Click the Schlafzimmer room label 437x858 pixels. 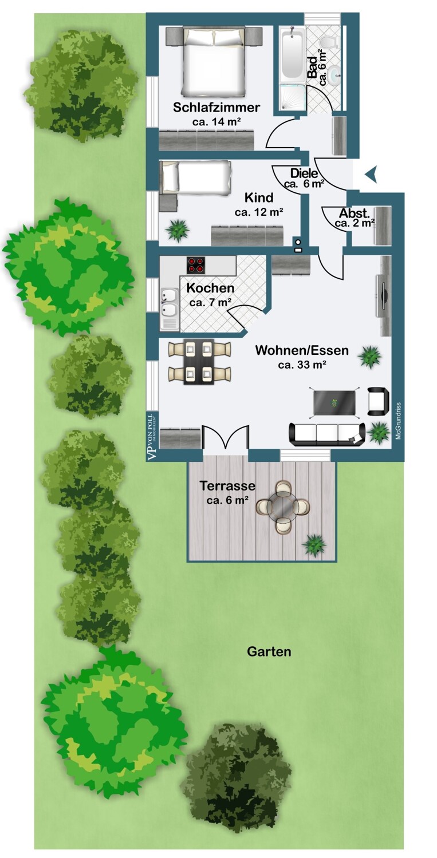[216, 107]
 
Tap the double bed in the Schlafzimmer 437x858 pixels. [214, 61]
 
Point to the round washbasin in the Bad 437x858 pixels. [334, 72]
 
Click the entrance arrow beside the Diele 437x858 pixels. [371, 174]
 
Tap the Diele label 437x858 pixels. [304, 173]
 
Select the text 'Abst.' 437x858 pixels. [354, 213]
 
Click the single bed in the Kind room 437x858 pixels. [195, 176]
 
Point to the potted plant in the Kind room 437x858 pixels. [177, 230]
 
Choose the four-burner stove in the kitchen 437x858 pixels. [196, 264]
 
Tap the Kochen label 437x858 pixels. [210, 288]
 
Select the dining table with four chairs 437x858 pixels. [199, 362]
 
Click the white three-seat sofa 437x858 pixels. [326, 434]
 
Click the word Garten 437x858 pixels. [269, 651]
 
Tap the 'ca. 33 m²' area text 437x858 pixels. [302, 365]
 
